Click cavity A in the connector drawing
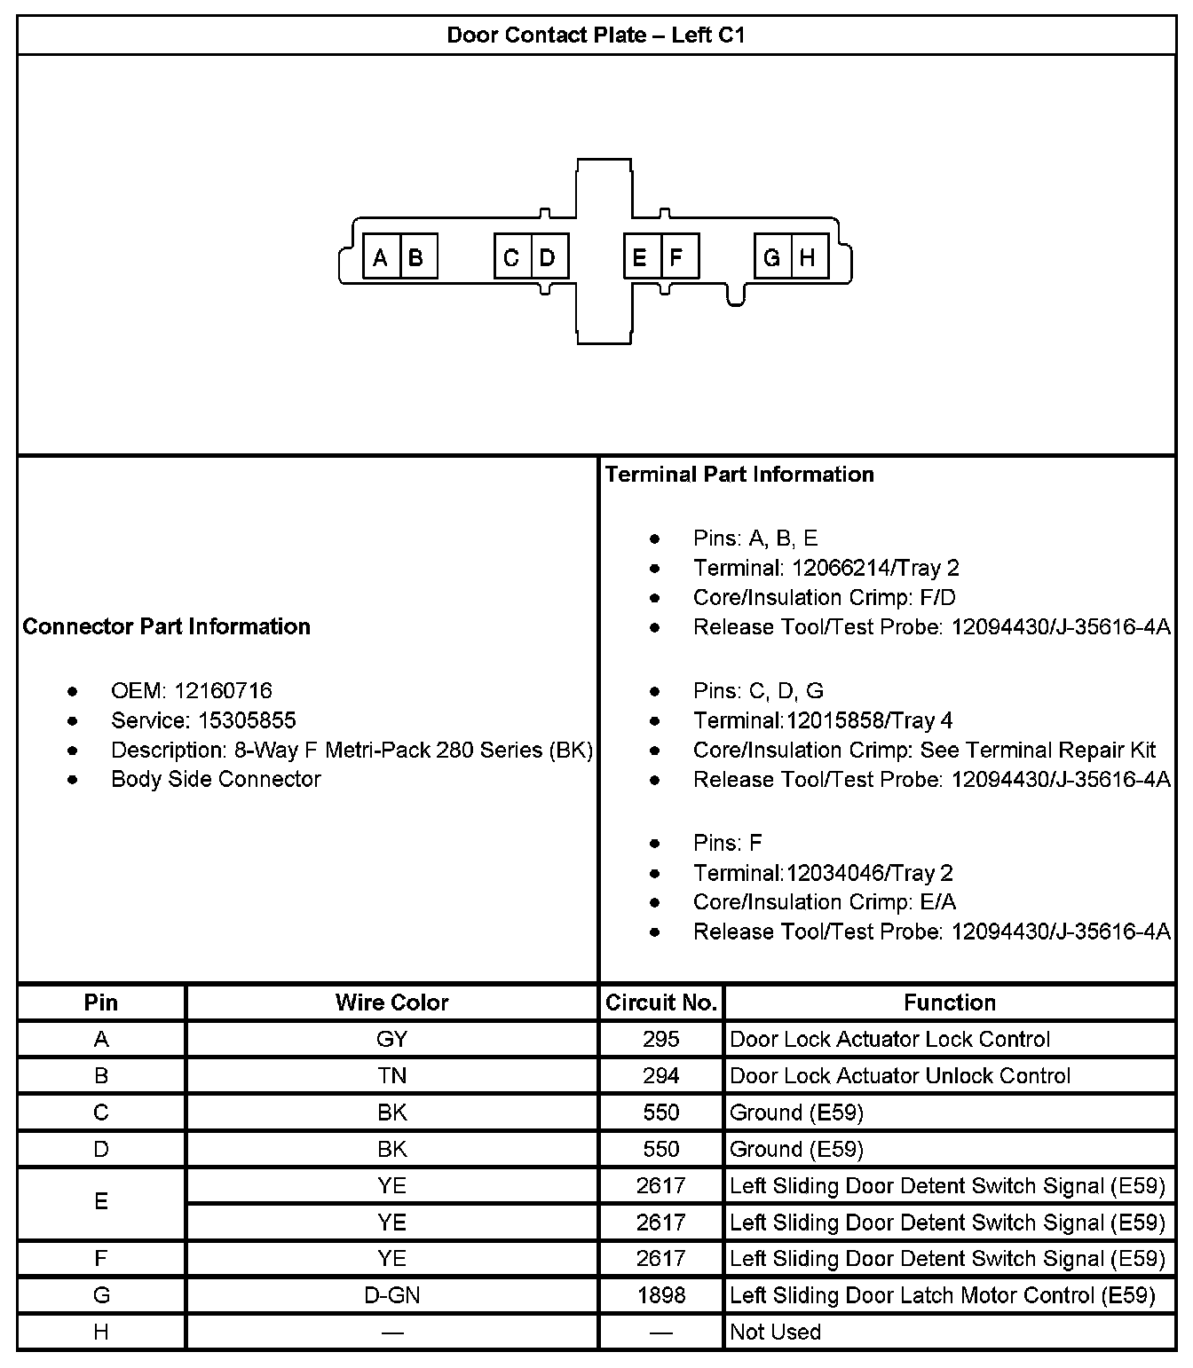(x=382, y=257)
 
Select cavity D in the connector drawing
(x=548, y=257)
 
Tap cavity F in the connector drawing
(x=677, y=257)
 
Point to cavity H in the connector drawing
(x=808, y=257)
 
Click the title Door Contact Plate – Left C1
(x=596, y=35)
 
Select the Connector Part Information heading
(x=167, y=626)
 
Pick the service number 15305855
(x=234, y=720)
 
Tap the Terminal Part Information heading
(x=739, y=474)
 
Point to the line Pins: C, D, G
(x=758, y=690)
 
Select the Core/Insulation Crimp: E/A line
(x=825, y=901)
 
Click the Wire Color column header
(x=391, y=1002)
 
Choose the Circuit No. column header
(x=661, y=1002)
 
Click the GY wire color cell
(x=391, y=1039)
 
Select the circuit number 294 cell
(x=661, y=1075)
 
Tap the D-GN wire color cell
(x=391, y=1295)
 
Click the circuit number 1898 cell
(x=661, y=1295)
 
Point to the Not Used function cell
(x=775, y=1332)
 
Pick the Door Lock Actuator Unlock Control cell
(x=900, y=1075)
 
